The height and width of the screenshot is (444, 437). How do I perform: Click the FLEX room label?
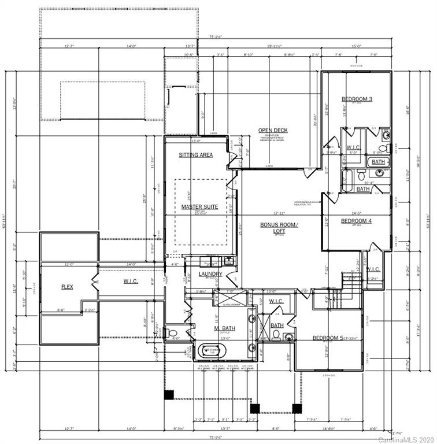click(67, 286)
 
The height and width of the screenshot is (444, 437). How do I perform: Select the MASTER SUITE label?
click(199, 206)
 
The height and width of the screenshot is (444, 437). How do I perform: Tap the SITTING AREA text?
click(195, 155)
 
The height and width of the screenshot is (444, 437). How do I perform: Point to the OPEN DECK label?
click(273, 130)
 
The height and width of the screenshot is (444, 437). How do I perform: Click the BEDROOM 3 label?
click(356, 99)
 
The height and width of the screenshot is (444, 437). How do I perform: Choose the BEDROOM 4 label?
click(356, 221)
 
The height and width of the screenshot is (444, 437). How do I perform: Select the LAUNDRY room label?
click(210, 274)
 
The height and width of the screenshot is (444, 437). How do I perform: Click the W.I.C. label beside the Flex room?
click(130, 282)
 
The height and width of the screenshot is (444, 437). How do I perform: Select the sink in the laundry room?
click(229, 260)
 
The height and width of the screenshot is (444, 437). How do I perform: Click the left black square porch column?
click(169, 395)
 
